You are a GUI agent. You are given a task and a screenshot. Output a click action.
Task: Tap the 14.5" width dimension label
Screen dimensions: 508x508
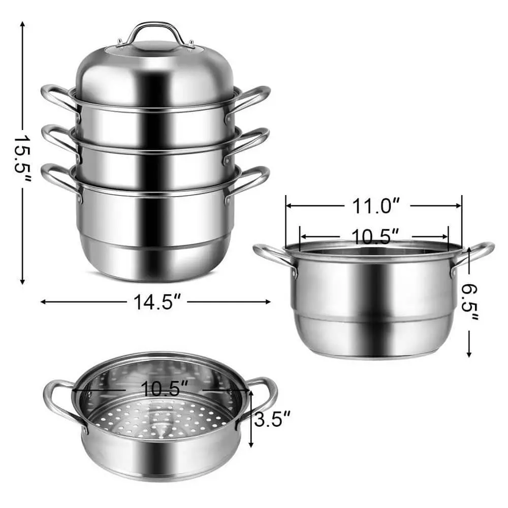(x=158, y=302)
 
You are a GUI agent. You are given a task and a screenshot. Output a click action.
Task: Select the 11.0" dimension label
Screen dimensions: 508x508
(x=374, y=206)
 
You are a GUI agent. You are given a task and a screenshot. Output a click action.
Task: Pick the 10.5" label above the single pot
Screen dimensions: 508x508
(x=374, y=236)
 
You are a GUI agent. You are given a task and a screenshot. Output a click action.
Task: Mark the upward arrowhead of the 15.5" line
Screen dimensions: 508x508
(x=22, y=25)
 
